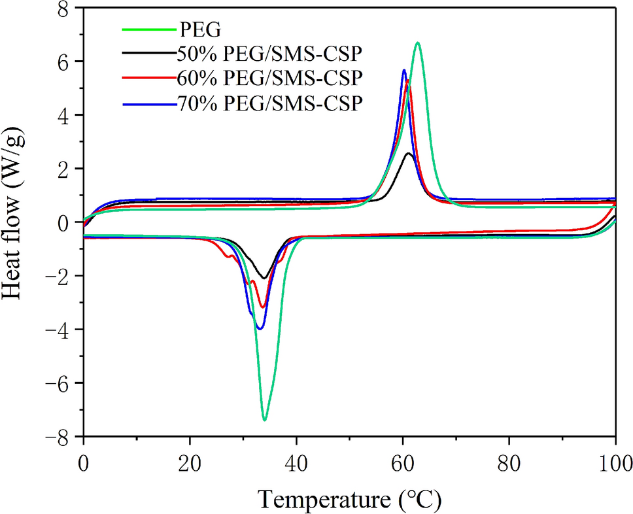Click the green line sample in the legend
tap(148, 30)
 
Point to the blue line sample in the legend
tap(148, 103)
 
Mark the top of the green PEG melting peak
tap(417, 43)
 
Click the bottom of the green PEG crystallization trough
tap(264, 420)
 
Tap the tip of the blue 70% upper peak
tap(404, 70)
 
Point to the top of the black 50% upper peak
tap(409, 153)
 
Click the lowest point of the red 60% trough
tap(262, 307)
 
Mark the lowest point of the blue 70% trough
tap(260, 329)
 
